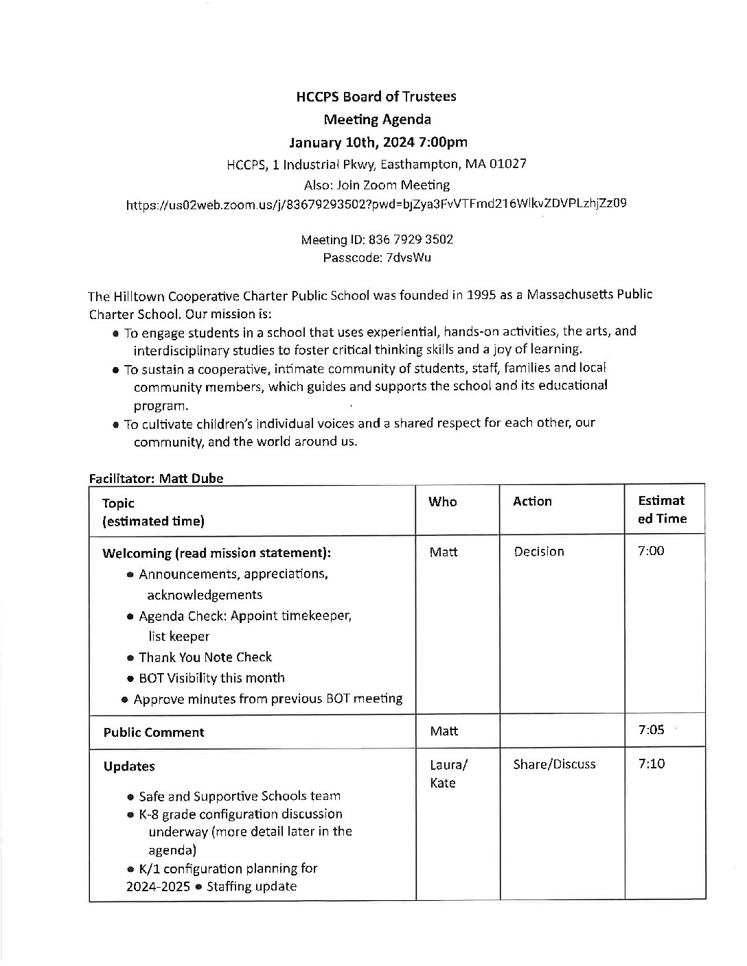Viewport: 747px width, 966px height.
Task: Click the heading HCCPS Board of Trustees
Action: click(376, 97)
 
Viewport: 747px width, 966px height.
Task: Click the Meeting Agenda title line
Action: click(377, 119)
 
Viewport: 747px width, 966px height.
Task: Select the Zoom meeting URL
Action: click(376, 204)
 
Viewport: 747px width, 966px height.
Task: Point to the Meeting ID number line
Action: click(377, 239)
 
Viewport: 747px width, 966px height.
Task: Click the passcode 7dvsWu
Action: click(409, 258)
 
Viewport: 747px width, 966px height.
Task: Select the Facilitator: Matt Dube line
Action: click(156, 478)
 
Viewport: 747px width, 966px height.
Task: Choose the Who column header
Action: click(443, 502)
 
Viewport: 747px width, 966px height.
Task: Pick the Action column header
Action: click(532, 502)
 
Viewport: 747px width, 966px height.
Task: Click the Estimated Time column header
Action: click(662, 510)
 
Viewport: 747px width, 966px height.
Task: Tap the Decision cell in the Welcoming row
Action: click(539, 552)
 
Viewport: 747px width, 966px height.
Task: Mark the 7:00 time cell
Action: click(651, 551)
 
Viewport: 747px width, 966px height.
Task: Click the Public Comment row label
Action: click(154, 732)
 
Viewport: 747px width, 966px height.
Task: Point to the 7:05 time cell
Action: click(651, 730)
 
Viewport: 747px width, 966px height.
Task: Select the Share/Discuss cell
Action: click(554, 764)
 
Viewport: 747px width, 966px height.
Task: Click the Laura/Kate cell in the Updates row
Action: click(449, 773)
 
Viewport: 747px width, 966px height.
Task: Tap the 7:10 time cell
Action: click(651, 764)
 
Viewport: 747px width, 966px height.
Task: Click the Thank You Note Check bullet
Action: click(205, 657)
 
